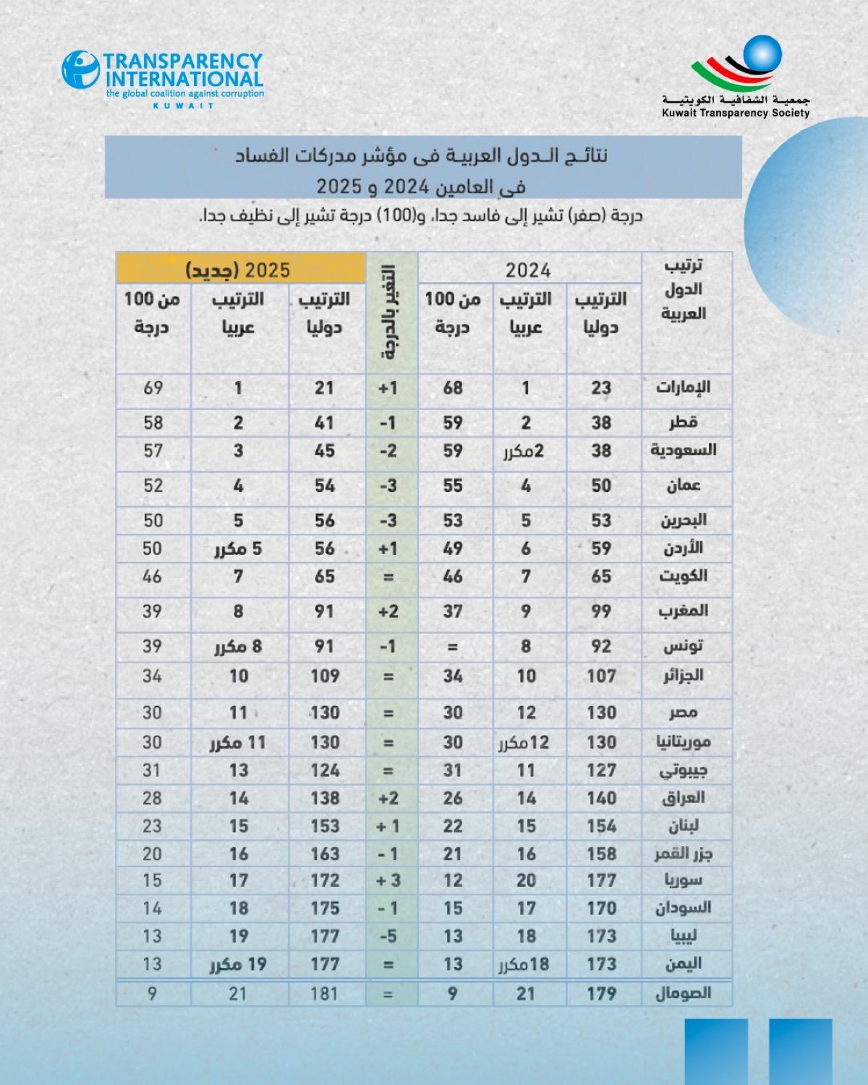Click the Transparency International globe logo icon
pyautogui.click(x=80, y=69)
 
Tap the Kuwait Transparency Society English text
pyautogui.click(x=736, y=113)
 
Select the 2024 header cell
pyautogui.click(x=528, y=270)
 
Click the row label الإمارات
pyautogui.click(x=683, y=387)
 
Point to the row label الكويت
pyautogui.click(x=683, y=576)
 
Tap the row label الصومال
pyautogui.click(x=683, y=993)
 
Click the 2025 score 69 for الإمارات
pyautogui.click(x=153, y=388)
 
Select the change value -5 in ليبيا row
pyautogui.click(x=388, y=936)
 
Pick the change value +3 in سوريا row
pyautogui.click(x=388, y=880)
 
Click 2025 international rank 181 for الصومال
pyautogui.click(x=324, y=993)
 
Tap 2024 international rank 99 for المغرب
pyautogui.click(x=601, y=611)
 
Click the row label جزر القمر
pyautogui.click(x=683, y=854)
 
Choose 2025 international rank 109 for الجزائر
pyautogui.click(x=325, y=676)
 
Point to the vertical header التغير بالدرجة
pyautogui.click(x=388, y=312)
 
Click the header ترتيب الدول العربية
pyautogui.click(x=684, y=289)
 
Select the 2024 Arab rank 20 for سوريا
pyautogui.click(x=527, y=880)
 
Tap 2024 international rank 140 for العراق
pyautogui.click(x=602, y=798)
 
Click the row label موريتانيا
pyautogui.click(x=683, y=742)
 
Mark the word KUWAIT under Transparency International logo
pyautogui.click(x=184, y=106)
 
